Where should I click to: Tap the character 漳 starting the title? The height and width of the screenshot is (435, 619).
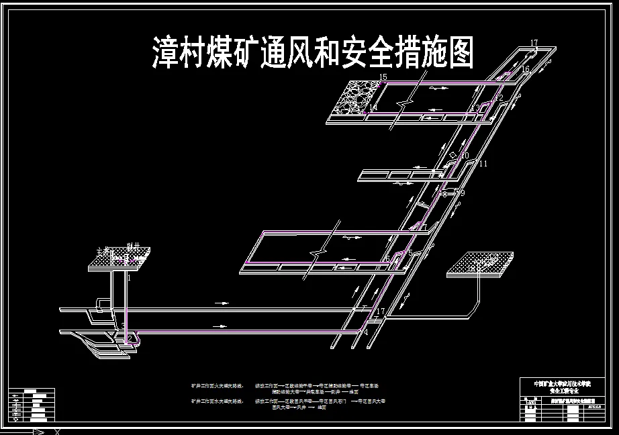(x=164, y=53)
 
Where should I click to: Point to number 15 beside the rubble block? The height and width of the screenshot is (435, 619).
(x=383, y=78)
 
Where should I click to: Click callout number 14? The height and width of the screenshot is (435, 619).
(x=373, y=108)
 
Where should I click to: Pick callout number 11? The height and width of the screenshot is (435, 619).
(x=484, y=164)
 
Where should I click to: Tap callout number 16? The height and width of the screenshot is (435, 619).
(x=525, y=69)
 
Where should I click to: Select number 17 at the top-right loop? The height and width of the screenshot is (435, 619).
(x=534, y=44)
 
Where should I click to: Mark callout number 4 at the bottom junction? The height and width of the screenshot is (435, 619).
(x=367, y=332)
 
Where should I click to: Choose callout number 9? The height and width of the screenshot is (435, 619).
(x=463, y=193)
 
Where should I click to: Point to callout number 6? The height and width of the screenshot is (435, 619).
(x=387, y=258)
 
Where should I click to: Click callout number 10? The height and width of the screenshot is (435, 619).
(x=465, y=156)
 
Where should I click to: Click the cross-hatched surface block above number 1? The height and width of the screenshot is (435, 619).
(x=118, y=259)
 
